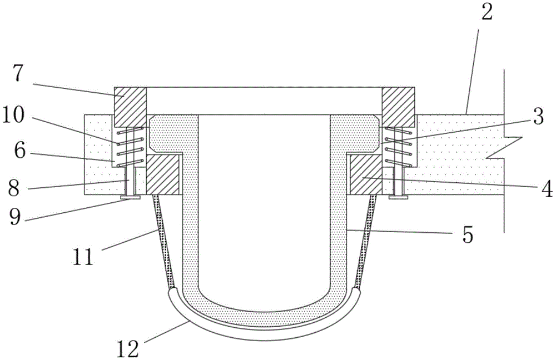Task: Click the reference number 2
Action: pos(487,13)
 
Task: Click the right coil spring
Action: pos(397,146)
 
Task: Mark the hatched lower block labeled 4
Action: pos(365,174)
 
